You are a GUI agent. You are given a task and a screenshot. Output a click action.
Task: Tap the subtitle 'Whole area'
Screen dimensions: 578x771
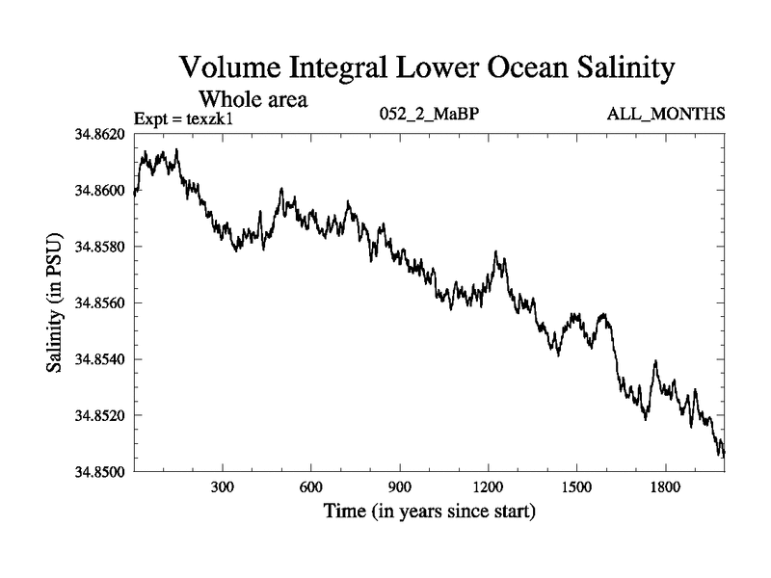click(253, 99)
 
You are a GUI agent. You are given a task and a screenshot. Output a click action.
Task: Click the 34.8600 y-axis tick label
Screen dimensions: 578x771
click(99, 191)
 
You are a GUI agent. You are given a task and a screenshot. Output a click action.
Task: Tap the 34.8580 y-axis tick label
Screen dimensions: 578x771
click(99, 247)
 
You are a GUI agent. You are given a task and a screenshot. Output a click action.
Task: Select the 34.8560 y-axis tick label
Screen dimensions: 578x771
click(99, 303)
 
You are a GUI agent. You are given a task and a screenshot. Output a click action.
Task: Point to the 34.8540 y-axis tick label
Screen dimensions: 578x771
click(99, 359)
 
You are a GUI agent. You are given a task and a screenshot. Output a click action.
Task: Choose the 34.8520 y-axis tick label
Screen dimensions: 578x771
click(99, 416)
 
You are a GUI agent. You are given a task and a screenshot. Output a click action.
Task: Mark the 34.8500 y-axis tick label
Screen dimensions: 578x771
click(99, 472)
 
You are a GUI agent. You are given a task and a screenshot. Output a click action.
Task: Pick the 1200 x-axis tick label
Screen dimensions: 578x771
click(488, 488)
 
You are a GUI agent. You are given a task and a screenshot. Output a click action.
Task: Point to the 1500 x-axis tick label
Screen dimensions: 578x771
click(576, 488)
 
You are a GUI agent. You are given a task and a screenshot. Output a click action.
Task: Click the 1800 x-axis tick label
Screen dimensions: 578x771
click(665, 488)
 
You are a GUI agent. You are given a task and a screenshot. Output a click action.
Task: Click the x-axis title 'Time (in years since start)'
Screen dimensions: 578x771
click(429, 511)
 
